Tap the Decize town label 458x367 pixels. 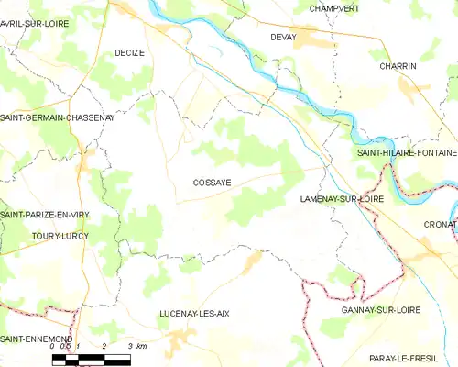coord(129,53)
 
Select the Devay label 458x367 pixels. coord(283,37)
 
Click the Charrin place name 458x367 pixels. coord(398,67)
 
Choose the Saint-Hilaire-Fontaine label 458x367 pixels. coord(406,152)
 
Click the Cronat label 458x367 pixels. coord(440,223)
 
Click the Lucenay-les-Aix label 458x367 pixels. coord(194,313)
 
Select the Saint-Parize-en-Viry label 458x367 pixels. coord(46,214)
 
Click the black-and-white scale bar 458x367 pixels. coord(92,358)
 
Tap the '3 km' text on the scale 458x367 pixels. coord(137,346)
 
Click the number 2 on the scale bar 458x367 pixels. coord(105,346)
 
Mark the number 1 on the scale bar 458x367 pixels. coord(80,346)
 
